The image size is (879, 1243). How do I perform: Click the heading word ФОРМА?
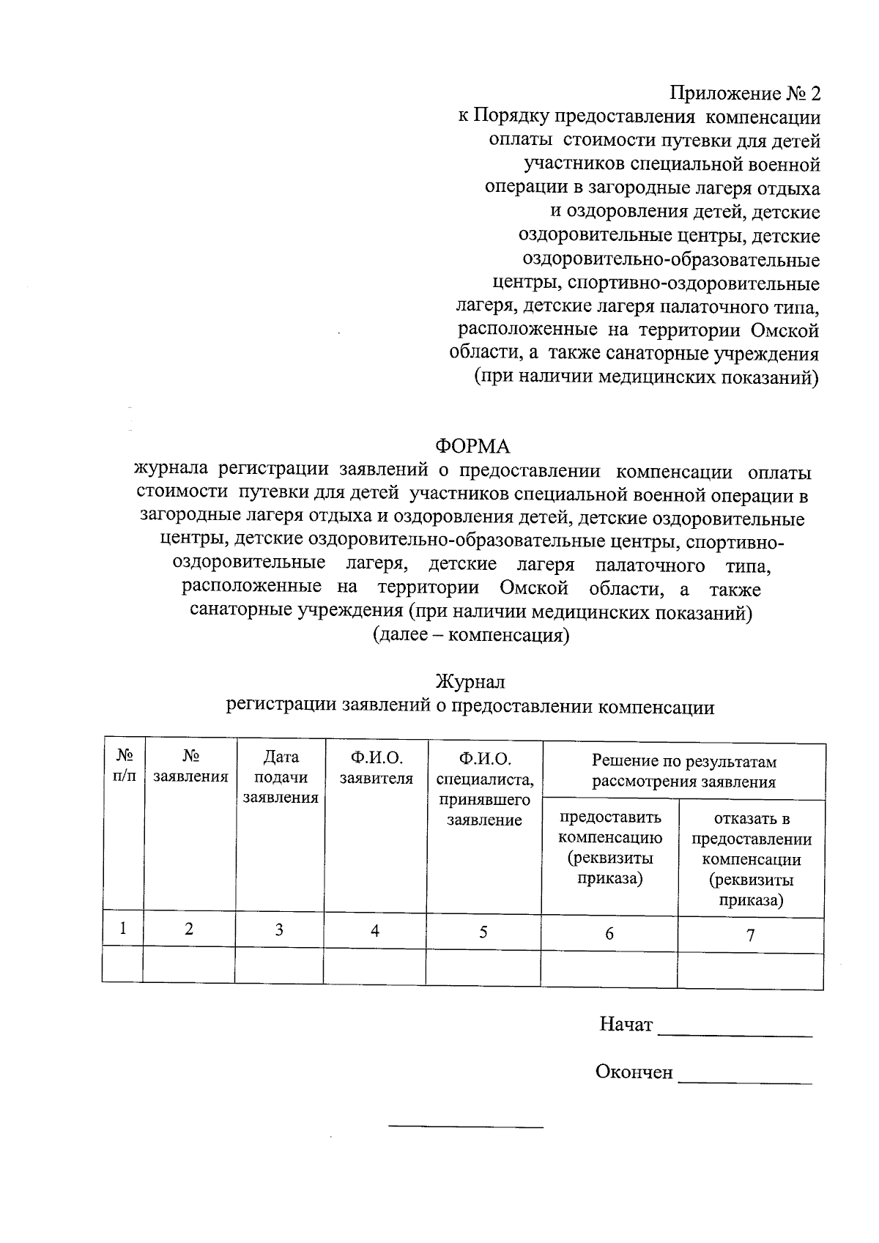[x=472, y=446]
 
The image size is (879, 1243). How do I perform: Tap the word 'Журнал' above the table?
[x=470, y=682]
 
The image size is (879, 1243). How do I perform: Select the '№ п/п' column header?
[x=125, y=765]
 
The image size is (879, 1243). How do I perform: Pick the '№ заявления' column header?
[x=190, y=766]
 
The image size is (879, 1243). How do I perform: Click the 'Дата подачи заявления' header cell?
[x=281, y=777]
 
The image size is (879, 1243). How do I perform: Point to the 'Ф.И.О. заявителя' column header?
[x=376, y=767]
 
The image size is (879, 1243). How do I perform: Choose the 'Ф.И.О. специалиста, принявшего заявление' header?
[x=484, y=788]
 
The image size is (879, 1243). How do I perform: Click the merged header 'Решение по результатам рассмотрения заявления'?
[x=683, y=771]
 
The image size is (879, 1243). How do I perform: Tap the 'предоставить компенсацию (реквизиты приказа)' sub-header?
[x=609, y=847]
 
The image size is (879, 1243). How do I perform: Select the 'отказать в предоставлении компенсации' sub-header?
[x=752, y=859]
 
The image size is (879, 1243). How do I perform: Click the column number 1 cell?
[x=124, y=930]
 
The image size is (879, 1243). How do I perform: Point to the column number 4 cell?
[x=375, y=931]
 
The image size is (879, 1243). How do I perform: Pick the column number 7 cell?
[x=750, y=935]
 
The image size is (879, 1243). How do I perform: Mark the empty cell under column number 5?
[x=483, y=968]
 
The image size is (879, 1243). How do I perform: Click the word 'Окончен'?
[x=634, y=1072]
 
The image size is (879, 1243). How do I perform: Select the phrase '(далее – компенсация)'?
[x=471, y=635]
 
